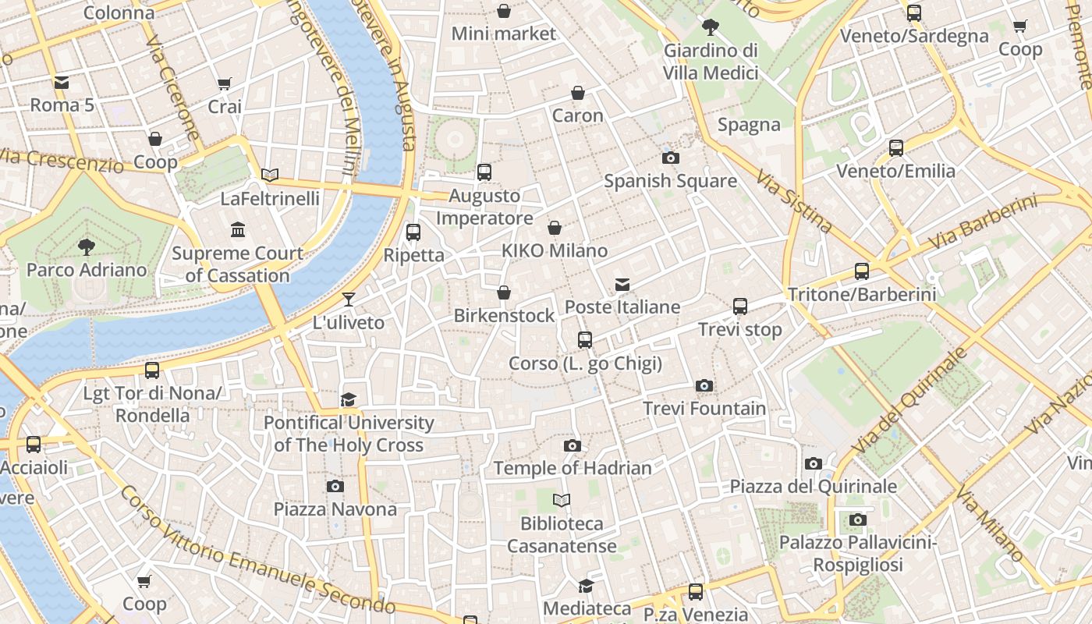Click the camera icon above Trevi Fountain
point(704,386)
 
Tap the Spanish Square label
point(670,181)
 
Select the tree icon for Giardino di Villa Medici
point(710,27)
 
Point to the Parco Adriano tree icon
point(86,248)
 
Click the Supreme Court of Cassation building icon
point(238,230)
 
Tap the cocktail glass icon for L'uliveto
point(348,300)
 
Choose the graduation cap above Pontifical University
point(348,400)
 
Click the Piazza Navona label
point(335,509)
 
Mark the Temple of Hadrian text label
point(572,468)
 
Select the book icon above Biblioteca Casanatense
point(561,500)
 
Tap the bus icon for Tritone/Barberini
point(861,271)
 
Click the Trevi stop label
point(739,329)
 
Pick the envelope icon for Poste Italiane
point(622,285)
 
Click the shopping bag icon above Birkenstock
point(504,293)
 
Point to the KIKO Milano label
point(554,251)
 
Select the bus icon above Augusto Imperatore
point(484,172)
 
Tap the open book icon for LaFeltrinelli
point(270,175)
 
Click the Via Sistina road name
point(793,201)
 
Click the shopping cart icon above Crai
point(224,84)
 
